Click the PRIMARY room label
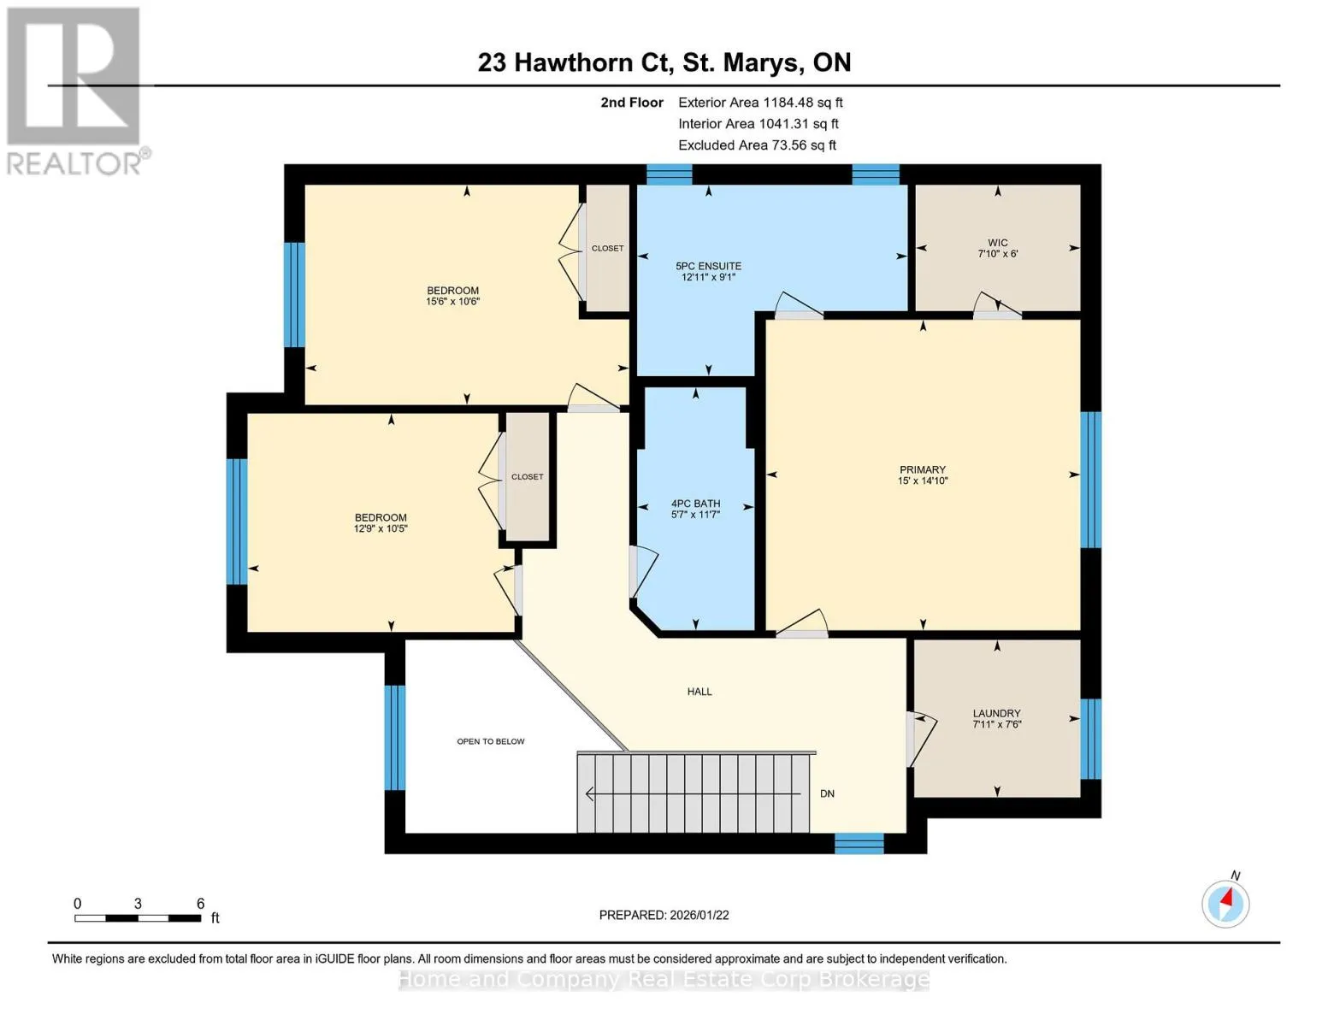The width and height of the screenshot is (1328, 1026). click(x=922, y=469)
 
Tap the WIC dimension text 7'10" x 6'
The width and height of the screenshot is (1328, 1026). click(x=997, y=254)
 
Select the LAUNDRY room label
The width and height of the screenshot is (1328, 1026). click(x=997, y=713)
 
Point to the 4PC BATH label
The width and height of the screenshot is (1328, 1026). click(x=695, y=504)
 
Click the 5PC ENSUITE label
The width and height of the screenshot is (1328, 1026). click(x=708, y=266)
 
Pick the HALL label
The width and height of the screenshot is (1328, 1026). click(x=699, y=692)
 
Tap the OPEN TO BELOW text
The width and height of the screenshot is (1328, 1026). click(x=491, y=741)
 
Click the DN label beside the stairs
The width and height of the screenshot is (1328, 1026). click(x=827, y=793)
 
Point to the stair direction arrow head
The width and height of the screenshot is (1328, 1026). click(x=590, y=793)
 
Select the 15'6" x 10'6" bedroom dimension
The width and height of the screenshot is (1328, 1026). click(x=453, y=301)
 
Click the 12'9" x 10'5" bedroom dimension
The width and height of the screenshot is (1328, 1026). click(x=381, y=528)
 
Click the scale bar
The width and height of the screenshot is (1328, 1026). click(x=138, y=918)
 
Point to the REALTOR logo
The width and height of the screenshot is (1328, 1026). click(x=76, y=91)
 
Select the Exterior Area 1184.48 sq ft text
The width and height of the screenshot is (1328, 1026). click(x=760, y=103)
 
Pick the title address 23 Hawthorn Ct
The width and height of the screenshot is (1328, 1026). click(x=573, y=62)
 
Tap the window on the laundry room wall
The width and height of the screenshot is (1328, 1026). click(x=1091, y=739)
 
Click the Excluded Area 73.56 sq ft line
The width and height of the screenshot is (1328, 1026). click(x=757, y=145)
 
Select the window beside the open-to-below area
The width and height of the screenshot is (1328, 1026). click(x=395, y=738)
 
